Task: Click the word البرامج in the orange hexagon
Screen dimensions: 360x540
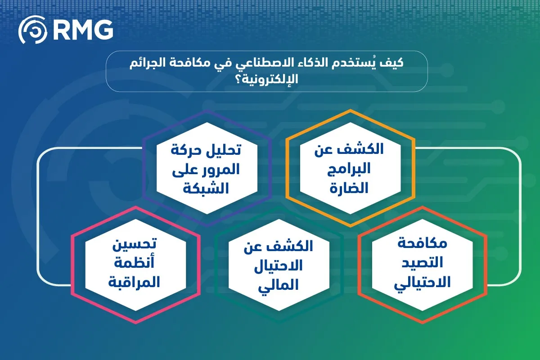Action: pos(349,169)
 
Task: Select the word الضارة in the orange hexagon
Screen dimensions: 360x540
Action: pos(349,188)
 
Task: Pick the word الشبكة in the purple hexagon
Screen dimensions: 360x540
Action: pos(207,188)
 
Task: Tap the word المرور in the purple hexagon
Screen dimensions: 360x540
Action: pos(219,169)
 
